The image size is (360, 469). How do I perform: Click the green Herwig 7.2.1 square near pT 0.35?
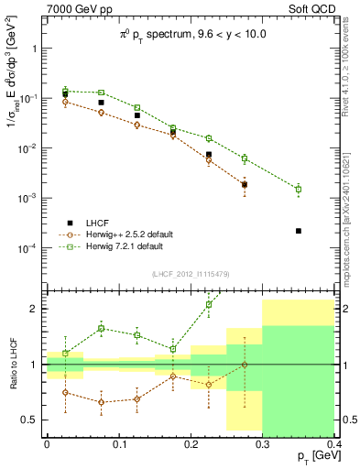pos(299,189)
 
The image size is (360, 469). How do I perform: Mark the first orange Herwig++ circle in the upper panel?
pos(65,102)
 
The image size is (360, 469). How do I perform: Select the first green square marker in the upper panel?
pos(65,91)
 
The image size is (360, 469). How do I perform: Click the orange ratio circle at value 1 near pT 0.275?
pos(245,365)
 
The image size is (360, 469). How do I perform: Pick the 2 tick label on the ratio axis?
pos(36,309)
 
